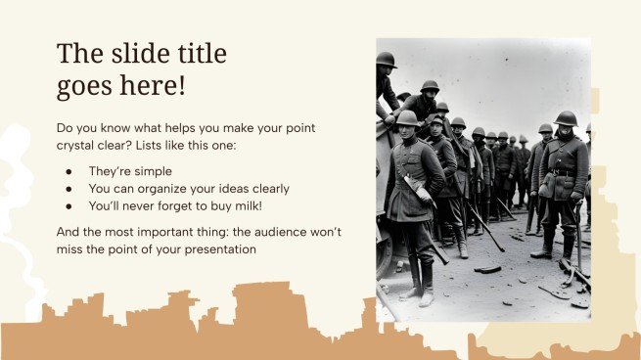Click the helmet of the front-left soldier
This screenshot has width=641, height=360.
point(407,117)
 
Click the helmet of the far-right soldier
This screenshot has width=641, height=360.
point(566,118)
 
